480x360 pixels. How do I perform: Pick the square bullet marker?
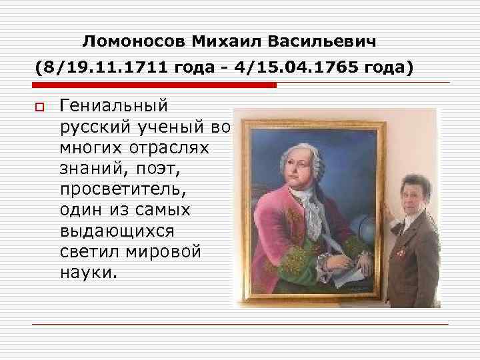point(39,107)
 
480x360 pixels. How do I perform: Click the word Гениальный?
point(114,106)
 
